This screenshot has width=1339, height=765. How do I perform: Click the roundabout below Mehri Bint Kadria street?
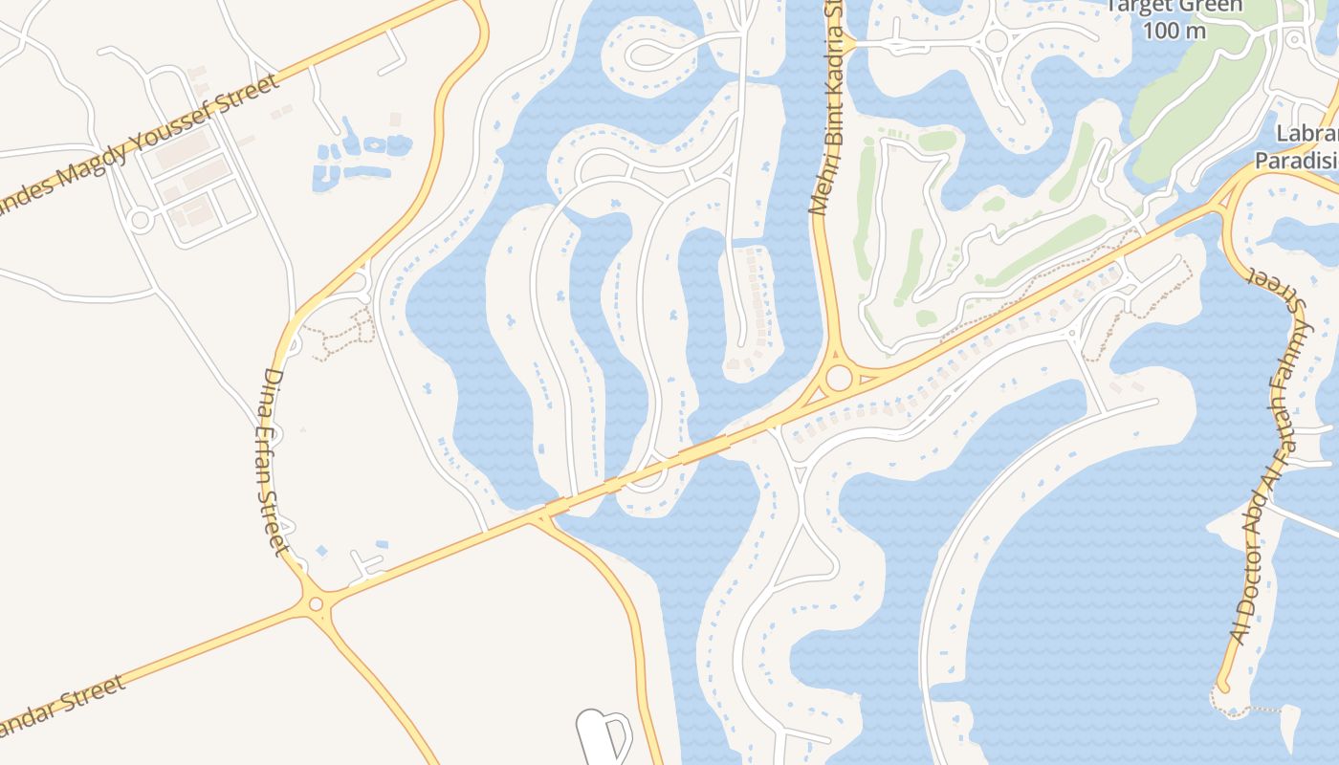pos(839,379)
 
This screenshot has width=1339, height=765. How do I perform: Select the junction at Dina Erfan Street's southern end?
pos(316,603)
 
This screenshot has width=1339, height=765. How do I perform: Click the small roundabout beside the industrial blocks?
pos(141,221)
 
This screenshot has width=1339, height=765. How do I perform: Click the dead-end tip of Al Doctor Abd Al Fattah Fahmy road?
pos(1221,686)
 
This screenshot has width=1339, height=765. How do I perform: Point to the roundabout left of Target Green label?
pos(997,40)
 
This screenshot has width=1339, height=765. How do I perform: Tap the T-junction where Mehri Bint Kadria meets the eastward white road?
pos(846,43)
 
